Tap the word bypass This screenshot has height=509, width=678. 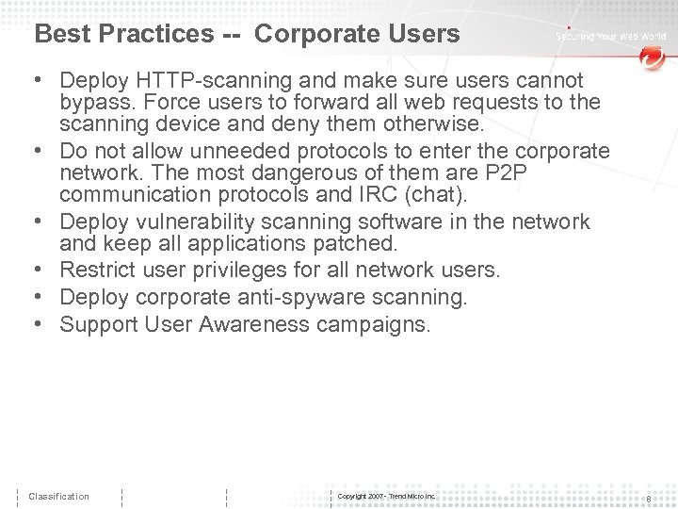tap(94, 102)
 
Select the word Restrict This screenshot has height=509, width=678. tap(96, 271)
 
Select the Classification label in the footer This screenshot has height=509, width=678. tap(58, 497)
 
